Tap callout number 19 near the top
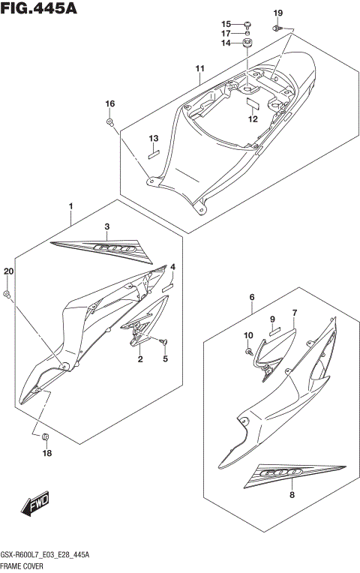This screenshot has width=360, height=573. tap(277, 13)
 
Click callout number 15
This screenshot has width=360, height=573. tap(226, 23)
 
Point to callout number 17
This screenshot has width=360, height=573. tap(226, 33)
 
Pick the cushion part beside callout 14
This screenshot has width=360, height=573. tap(247, 43)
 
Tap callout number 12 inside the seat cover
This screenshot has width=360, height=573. tap(253, 119)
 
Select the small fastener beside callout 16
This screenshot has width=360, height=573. tap(110, 121)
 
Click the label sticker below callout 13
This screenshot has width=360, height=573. tap(154, 155)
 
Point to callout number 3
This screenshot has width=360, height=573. tap(106, 226)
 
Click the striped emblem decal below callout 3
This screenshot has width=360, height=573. tap(99, 248)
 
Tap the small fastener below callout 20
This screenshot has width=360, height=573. tap(7, 293)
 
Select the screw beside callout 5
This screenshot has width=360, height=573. tap(163, 341)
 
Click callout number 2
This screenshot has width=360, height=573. tap(139, 360)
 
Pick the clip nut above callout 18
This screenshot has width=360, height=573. tap(46, 436)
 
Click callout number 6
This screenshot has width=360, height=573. tap(252, 298)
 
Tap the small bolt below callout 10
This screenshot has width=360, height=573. tap(248, 349)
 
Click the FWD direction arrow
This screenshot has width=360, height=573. tap(36, 507)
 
